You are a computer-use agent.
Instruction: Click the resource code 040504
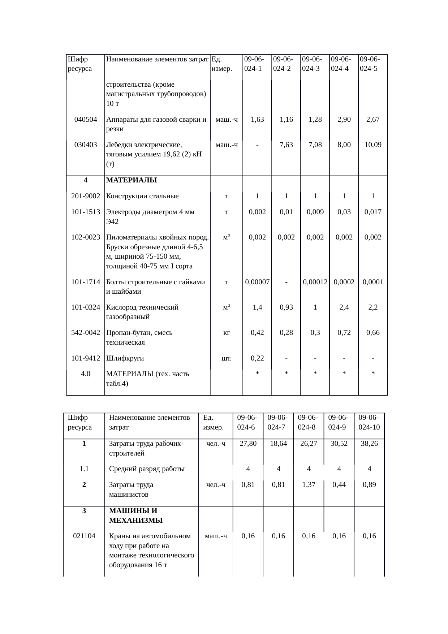tap(86, 120)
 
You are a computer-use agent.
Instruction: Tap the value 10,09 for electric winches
tap(373, 145)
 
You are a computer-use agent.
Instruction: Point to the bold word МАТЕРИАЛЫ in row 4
tap(132, 180)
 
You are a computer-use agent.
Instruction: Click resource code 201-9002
tap(86, 196)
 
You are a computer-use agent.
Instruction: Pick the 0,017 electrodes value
tap(373, 212)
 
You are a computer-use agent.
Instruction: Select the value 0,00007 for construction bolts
tap(257, 282)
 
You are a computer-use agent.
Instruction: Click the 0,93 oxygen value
tap(286, 307)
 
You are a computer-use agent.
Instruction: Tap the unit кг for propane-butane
tap(226, 333)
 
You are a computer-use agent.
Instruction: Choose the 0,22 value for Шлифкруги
tap(257, 358)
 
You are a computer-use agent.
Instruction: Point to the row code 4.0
tap(86, 374)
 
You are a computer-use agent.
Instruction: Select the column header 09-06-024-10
tap(369, 422)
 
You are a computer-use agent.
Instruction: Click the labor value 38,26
tap(369, 444)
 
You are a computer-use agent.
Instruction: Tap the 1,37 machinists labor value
tap(309, 485)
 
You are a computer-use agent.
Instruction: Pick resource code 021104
tap(84, 536)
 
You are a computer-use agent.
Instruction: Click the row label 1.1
tap(84, 469)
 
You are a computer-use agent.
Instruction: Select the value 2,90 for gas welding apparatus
tap(344, 120)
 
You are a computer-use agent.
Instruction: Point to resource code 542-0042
tap(86, 333)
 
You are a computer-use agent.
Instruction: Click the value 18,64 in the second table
tap(278, 444)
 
